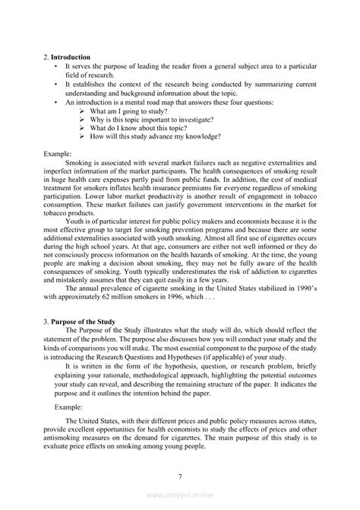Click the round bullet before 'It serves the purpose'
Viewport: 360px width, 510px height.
coord(56,66)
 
